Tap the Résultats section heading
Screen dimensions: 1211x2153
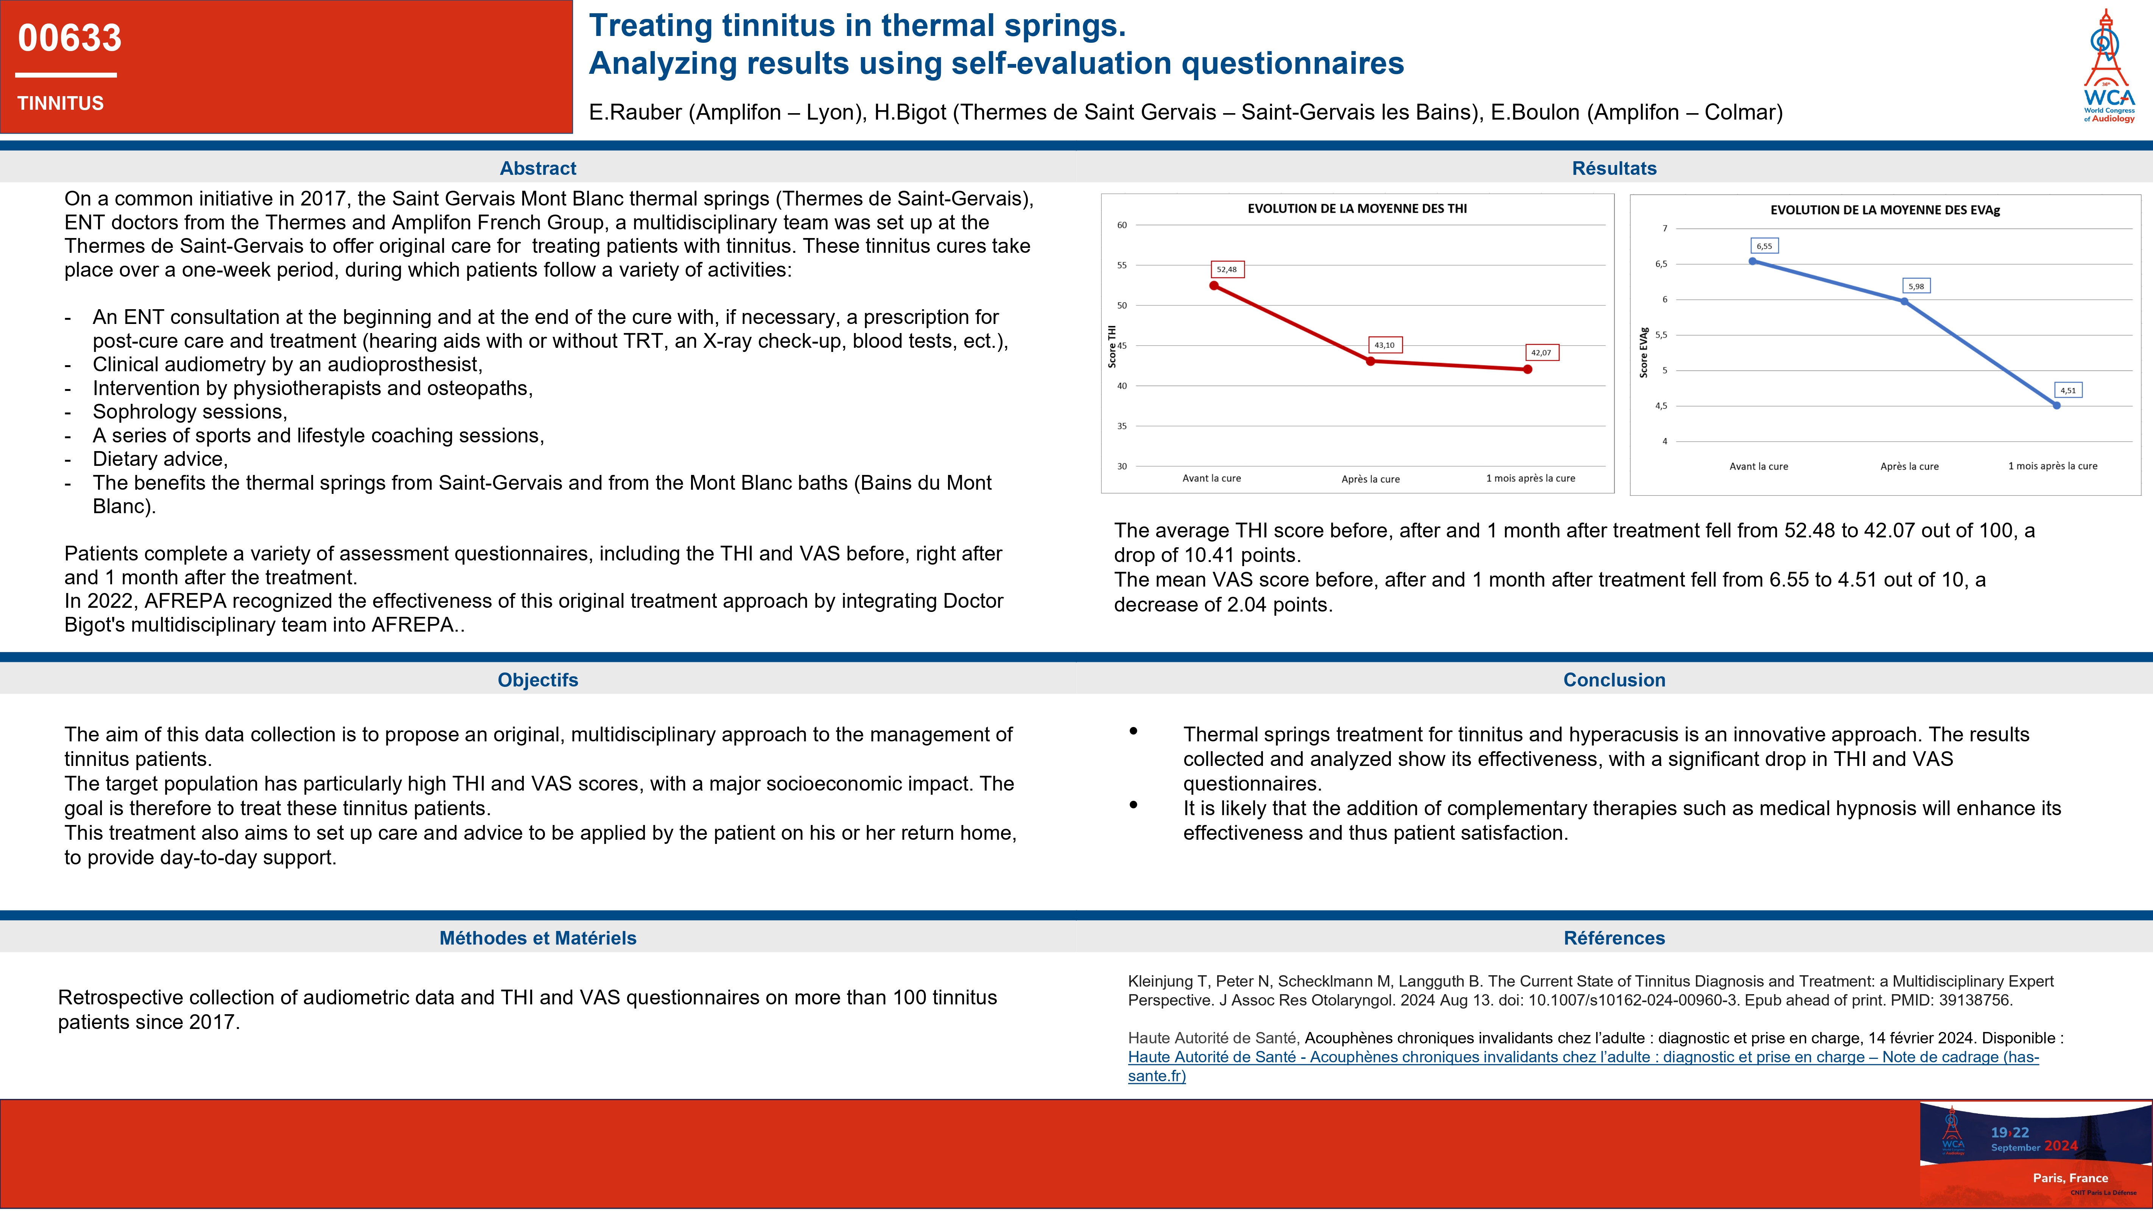coord(1614,168)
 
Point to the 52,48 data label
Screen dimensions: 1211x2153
coord(1226,269)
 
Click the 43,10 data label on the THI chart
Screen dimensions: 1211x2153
coord(1384,344)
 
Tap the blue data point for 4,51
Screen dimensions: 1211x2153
coord(2057,405)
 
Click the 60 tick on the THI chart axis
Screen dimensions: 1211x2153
coord(1122,225)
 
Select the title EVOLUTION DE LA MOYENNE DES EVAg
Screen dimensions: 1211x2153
coord(1885,210)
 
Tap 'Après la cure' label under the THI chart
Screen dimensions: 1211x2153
coord(1370,479)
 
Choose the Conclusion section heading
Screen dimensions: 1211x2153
coord(1614,679)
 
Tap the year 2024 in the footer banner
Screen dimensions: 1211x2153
coord(2061,1146)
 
